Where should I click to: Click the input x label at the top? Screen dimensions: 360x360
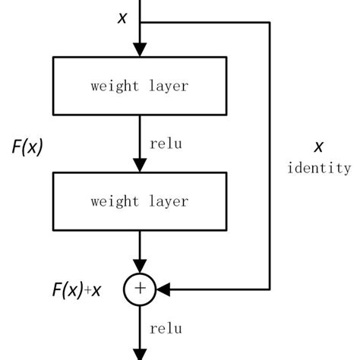[x=122, y=17]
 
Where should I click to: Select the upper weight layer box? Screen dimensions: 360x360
[x=139, y=87]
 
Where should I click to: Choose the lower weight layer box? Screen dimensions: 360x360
[x=139, y=201]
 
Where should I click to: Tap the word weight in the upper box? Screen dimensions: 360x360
[x=115, y=87]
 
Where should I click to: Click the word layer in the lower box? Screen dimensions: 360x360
[x=166, y=201]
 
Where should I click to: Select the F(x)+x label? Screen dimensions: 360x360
[x=77, y=289]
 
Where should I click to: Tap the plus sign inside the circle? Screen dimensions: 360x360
[x=140, y=289]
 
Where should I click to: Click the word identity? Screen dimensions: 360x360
[x=319, y=169]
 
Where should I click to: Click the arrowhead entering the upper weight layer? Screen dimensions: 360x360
[x=140, y=50]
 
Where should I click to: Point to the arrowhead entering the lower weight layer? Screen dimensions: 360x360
[x=140, y=166]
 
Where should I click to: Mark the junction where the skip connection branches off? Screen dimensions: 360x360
[x=140, y=23]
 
